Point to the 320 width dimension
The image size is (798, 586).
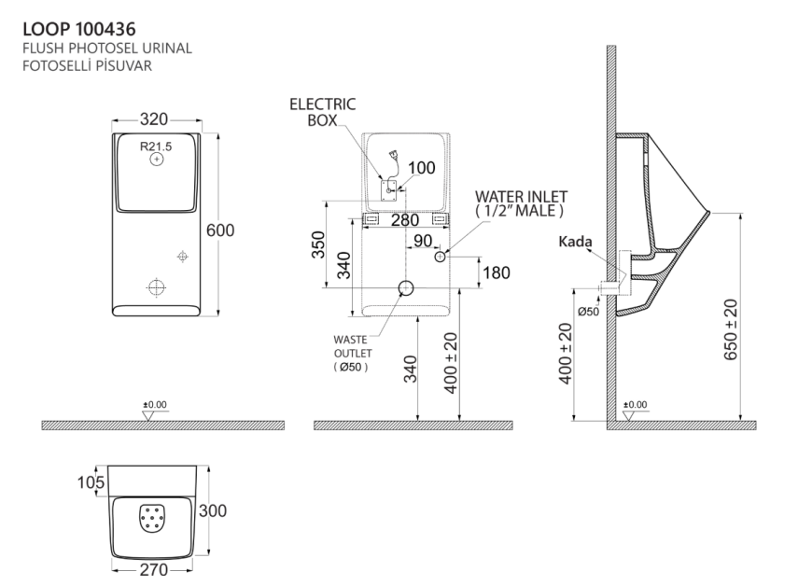point(156,120)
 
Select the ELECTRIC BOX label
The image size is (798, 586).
point(324,114)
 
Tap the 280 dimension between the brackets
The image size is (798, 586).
point(405,220)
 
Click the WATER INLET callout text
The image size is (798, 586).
point(521,203)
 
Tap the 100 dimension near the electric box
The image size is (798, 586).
point(421,169)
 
